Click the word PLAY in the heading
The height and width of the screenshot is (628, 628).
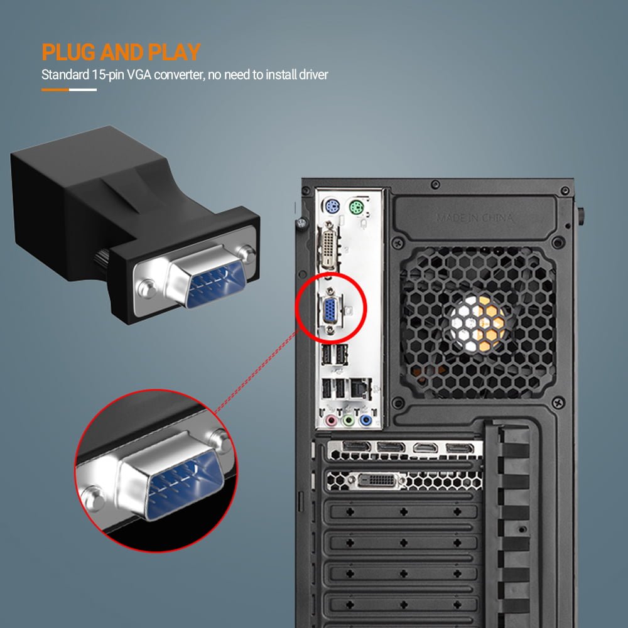(x=174, y=52)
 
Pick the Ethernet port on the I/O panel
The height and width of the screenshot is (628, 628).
(x=359, y=387)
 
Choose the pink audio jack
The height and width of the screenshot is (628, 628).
(x=332, y=421)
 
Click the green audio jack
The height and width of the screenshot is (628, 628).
(x=349, y=421)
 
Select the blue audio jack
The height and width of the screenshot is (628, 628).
(x=365, y=421)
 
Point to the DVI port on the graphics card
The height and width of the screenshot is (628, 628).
(x=377, y=480)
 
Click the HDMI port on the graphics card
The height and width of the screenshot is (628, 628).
(x=424, y=447)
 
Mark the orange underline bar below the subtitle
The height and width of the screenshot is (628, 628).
(x=55, y=90)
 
